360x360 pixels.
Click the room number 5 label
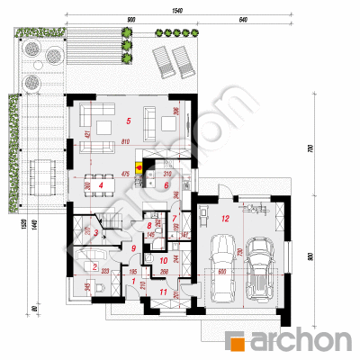(129, 120)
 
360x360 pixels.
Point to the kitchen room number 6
(166, 185)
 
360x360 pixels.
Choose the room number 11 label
(163, 292)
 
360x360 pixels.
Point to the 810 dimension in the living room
(124, 141)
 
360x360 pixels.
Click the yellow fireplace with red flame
(138, 166)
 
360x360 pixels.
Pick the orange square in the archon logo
(238, 341)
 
